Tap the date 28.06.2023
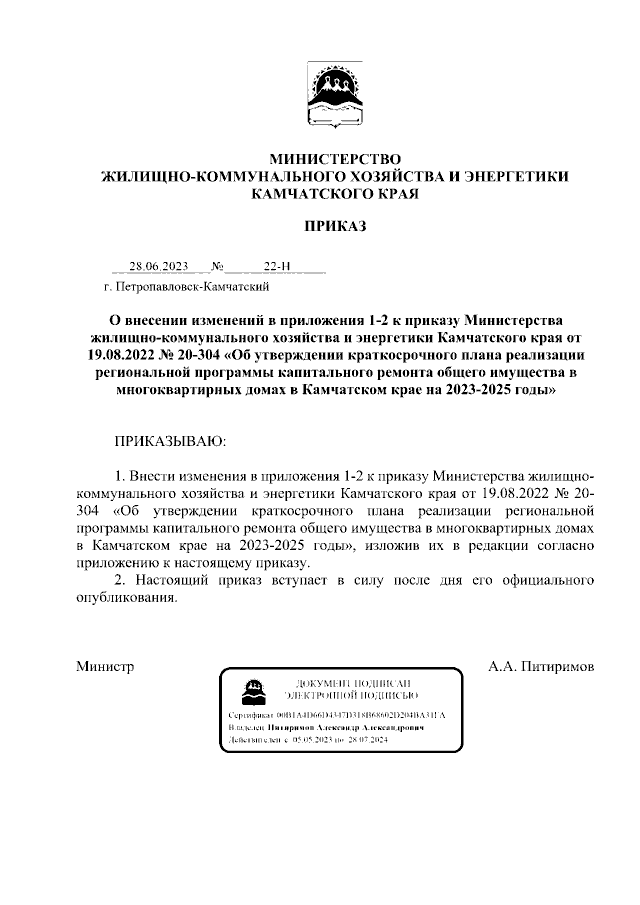(x=158, y=267)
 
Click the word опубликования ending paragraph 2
(x=127, y=598)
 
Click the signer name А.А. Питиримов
(x=541, y=665)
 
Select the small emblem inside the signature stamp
(x=254, y=689)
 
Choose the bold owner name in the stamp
(x=346, y=730)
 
